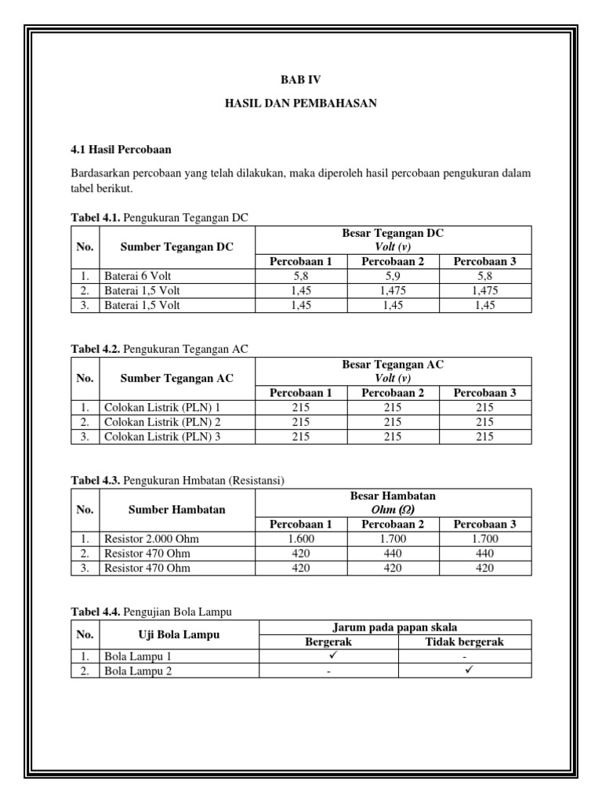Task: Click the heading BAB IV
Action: [x=301, y=80]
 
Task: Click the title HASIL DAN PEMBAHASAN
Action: [x=301, y=104]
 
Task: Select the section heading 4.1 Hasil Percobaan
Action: [x=121, y=149]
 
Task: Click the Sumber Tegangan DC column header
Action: [x=176, y=247]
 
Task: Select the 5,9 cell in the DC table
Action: [x=393, y=276]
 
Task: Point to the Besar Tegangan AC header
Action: [x=393, y=365]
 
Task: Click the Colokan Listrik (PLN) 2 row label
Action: [x=161, y=422]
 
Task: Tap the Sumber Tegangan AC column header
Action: [x=176, y=379]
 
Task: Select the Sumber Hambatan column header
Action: [x=176, y=510]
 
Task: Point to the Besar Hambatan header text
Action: [x=393, y=496]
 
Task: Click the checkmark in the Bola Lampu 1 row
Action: [x=328, y=655]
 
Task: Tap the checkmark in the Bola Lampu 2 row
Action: [x=464, y=670]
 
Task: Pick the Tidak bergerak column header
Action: [x=464, y=641]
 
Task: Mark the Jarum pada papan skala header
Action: [x=396, y=627]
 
